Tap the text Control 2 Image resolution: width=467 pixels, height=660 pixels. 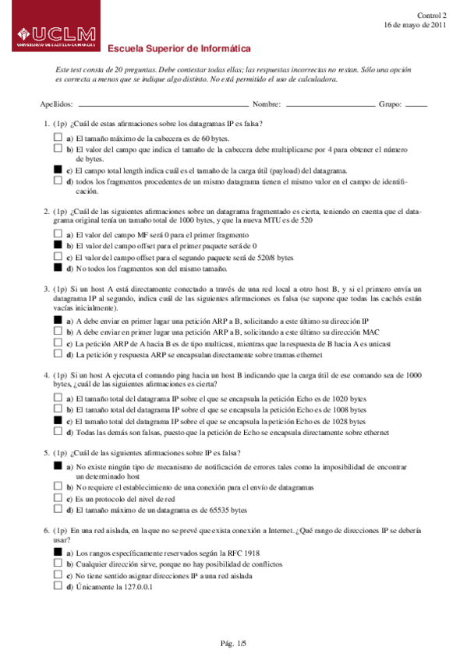pos(432,15)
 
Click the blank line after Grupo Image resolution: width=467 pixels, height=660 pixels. pos(417,104)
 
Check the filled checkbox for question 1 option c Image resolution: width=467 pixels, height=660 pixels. pos(57,170)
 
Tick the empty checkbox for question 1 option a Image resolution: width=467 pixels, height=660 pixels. pos(57,136)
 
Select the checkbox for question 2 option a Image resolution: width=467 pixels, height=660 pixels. pos(57,233)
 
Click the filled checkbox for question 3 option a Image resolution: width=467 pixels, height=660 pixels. pos(57,320)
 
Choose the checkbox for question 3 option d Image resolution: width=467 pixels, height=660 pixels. pos(57,354)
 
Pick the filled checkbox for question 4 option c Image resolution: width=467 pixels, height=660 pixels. pos(57,419)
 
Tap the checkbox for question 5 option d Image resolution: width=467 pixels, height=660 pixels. pos(57,510)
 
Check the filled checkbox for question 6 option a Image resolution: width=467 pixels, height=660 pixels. pos(57,552)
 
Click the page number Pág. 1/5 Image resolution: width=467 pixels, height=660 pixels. pos(233,643)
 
